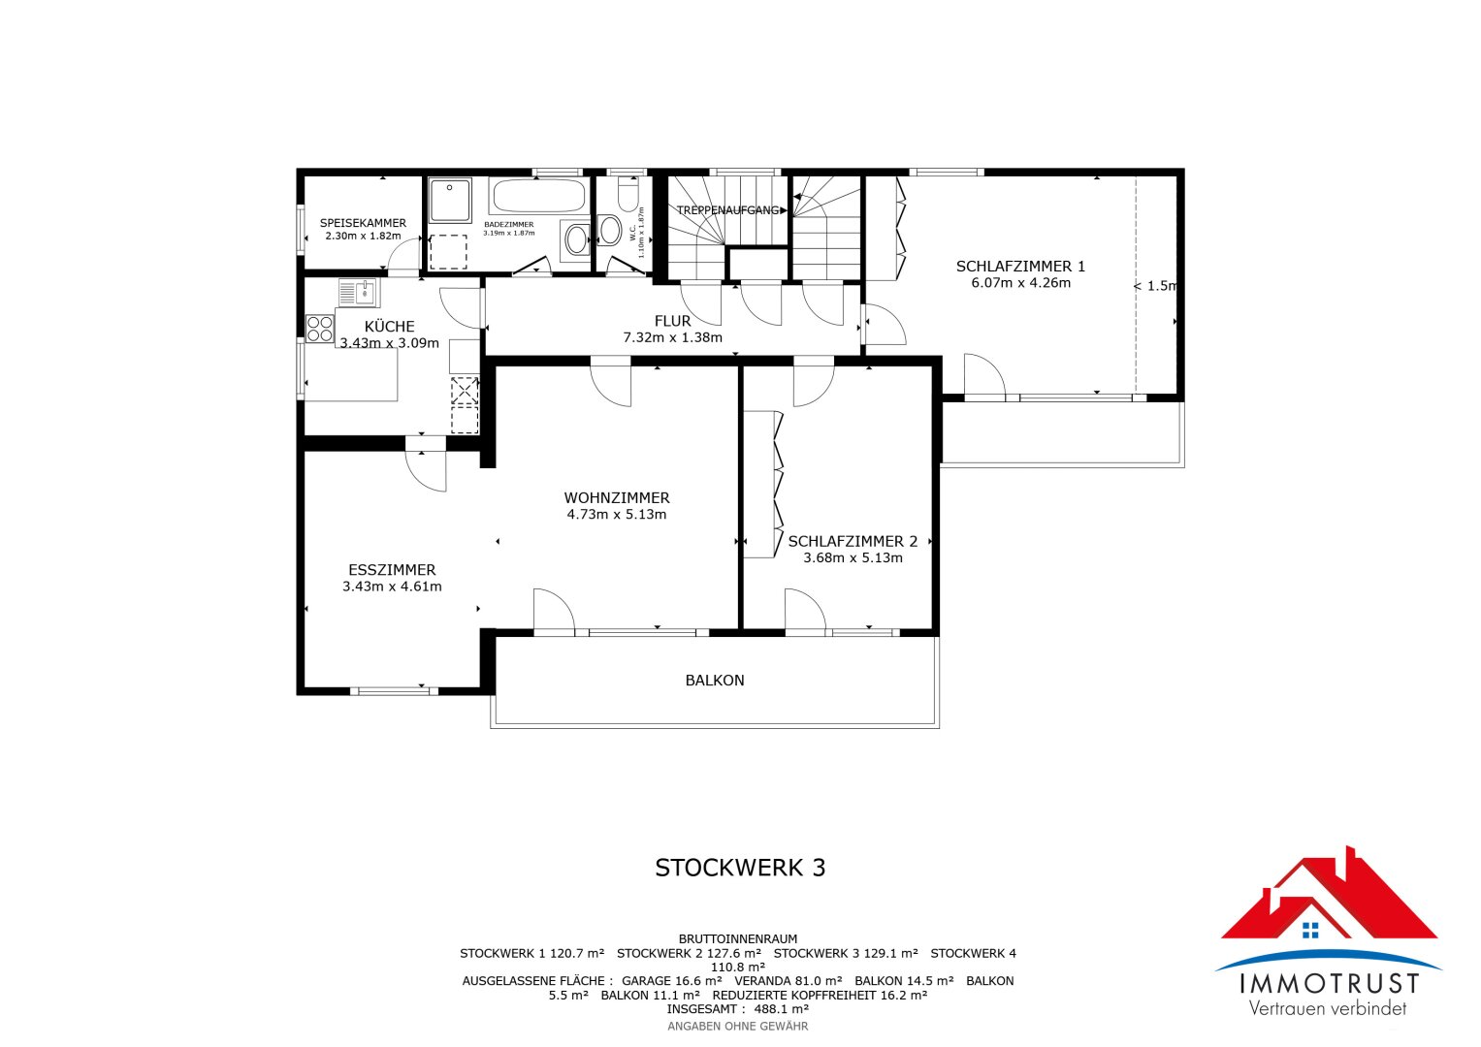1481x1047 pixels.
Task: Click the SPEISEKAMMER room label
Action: tap(363, 223)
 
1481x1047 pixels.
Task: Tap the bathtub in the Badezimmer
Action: tap(539, 195)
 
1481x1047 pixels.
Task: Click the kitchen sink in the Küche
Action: tap(360, 292)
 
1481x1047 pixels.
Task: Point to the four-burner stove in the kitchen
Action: tap(320, 329)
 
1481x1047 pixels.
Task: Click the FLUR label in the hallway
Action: tap(672, 321)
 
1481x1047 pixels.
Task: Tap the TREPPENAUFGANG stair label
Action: tap(727, 210)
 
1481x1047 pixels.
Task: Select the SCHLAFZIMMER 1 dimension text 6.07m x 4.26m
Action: tap(1021, 283)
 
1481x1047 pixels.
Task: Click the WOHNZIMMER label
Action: tap(616, 497)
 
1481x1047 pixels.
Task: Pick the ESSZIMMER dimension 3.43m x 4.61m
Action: tap(392, 587)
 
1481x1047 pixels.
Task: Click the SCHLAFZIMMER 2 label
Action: tap(853, 541)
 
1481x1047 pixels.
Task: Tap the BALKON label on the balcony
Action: tap(715, 681)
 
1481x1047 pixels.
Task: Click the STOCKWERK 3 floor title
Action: tap(740, 868)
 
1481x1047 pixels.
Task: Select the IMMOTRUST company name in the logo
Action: tap(1329, 984)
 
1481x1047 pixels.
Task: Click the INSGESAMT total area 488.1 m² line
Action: tap(738, 1009)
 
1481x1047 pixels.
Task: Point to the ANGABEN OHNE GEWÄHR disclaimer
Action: tap(738, 1027)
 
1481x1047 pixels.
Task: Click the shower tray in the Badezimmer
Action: tap(450, 201)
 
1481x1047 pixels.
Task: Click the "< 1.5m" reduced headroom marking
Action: tap(1155, 286)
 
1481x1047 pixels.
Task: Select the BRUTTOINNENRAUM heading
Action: tap(738, 938)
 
